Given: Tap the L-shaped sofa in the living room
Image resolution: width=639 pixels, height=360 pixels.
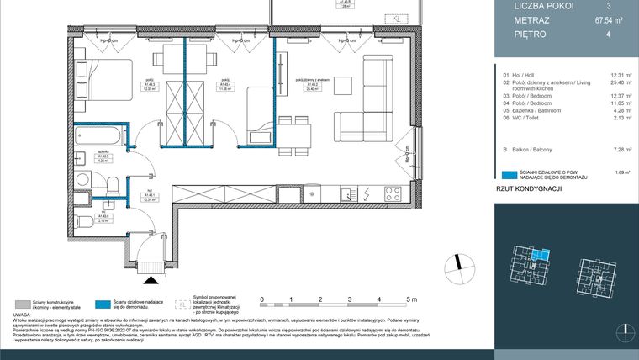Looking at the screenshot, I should click(370, 93).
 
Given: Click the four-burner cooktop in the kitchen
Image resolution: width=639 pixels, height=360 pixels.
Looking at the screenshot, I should click(394, 193).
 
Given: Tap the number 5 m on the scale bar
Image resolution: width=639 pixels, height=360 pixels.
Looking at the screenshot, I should click(409, 299).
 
